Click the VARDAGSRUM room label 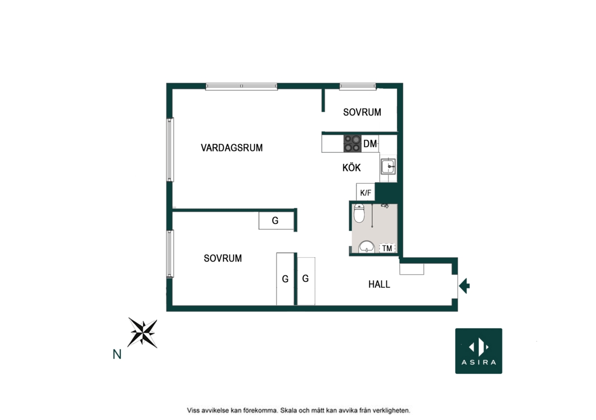point(231,148)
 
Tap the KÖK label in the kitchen point(351,168)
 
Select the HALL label point(379,284)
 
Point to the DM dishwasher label point(370,144)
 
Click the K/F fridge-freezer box point(366,192)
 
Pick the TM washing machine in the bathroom point(387,248)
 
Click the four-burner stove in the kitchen point(352,144)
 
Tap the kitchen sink point(388,166)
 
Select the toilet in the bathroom point(359,214)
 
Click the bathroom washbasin point(366,247)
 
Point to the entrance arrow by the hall point(464,285)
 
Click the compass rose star point(142,332)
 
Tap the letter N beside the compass point(117,354)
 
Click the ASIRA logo point(478,351)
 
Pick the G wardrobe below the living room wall point(276,220)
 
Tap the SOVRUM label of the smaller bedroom point(362,112)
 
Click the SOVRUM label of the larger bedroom point(223,258)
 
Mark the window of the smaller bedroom point(358,86)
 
